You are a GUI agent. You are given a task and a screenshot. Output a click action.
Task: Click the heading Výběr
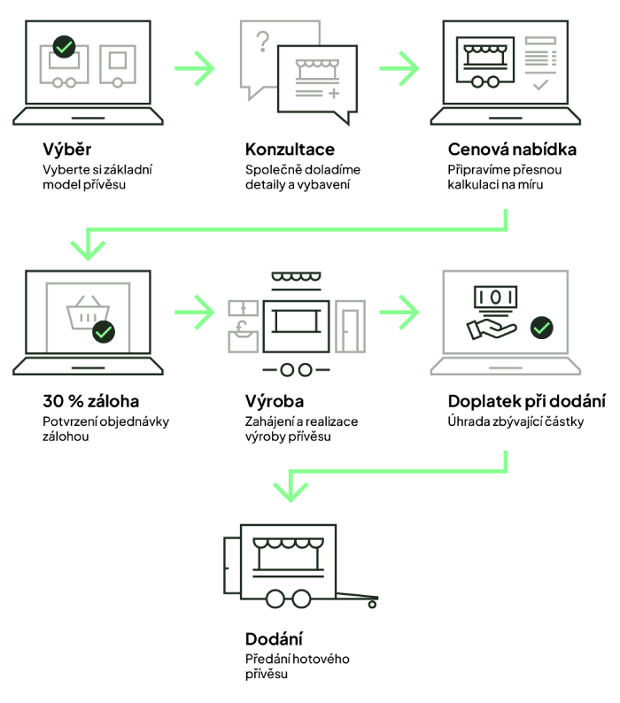(x=66, y=149)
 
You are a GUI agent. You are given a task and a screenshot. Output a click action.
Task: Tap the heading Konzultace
(x=290, y=149)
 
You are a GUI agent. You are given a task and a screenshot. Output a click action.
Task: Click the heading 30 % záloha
(x=90, y=400)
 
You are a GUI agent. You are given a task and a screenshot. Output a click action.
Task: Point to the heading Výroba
(x=274, y=400)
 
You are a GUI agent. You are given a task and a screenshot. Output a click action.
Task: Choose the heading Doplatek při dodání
(x=527, y=400)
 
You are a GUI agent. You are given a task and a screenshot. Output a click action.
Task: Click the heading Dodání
(x=274, y=638)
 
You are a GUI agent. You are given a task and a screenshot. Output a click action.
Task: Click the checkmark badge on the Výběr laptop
(x=64, y=45)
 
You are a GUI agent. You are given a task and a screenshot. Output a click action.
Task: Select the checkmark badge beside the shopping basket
(x=104, y=332)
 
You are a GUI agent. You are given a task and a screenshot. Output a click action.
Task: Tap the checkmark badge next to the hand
(x=540, y=328)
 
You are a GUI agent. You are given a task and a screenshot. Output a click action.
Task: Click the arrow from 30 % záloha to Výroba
(x=194, y=312)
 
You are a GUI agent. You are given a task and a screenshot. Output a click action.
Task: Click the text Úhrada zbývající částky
(x=515, y=421)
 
